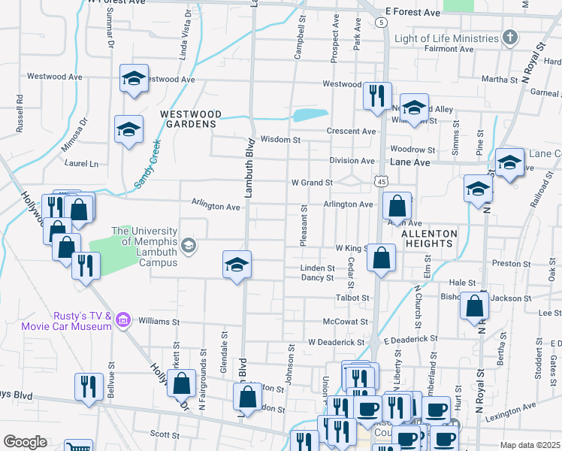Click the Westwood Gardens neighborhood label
[191, 119]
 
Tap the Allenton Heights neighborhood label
[428, 239]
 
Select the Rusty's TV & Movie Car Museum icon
[124, 322]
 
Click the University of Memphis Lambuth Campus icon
[188, 244]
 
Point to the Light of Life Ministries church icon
[510, 38]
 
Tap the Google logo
[25, 441]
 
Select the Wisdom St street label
[280, 140]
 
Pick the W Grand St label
[312, 183]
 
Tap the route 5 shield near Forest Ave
[382, 23]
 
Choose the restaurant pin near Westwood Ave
[376, 95]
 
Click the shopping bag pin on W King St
[382, 257]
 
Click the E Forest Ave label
[412, 13]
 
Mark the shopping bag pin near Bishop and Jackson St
[474, 306]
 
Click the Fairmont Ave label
[450, 49]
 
